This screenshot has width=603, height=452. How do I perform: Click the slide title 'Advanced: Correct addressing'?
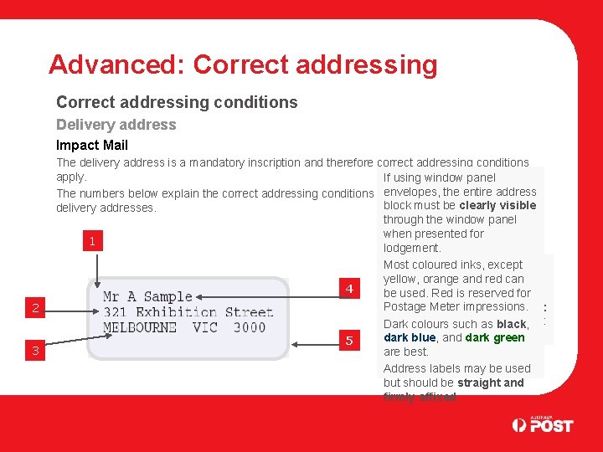tap(243, 64)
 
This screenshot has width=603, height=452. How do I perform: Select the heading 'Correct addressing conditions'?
tap(177, 102)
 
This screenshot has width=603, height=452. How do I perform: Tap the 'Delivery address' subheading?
tap(116, 125)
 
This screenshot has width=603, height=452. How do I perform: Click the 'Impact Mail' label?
tap(92, 145)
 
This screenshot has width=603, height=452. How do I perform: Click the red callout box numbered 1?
tap(93, 242)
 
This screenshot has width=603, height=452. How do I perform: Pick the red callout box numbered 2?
tap(35, 308)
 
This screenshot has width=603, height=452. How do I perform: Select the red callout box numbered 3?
tap(35, 351)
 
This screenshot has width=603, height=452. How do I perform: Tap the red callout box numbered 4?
tap(349, 289)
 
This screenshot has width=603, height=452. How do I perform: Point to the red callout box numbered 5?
tap(349, 340)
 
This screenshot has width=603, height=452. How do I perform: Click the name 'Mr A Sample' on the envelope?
tap(147, 296)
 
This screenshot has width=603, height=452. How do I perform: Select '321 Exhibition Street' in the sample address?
tap(188, 312)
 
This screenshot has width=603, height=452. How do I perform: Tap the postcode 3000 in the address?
tap(249, 327)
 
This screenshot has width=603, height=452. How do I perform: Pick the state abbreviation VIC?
tap(204, 327)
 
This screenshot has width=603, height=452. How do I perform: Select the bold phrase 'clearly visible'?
tap(497, 206)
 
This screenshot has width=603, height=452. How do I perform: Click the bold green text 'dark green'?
tap(495, 338)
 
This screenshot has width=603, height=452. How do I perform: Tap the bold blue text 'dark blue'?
tap(410, 338)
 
